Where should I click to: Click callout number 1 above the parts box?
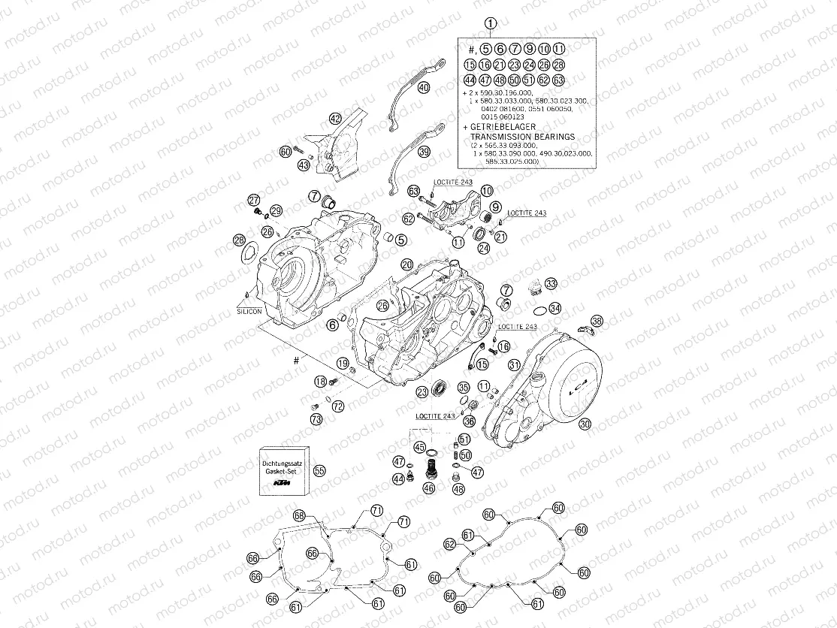[490, 24]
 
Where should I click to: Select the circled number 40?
[424, 88]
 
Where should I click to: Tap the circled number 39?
[424, 152]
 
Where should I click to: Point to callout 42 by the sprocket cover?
[335, 117]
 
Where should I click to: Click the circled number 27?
[254, 200]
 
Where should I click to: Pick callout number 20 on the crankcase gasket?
[406, 264]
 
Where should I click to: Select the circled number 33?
[551, 283]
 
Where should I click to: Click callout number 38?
[597, 321]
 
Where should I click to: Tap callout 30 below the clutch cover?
[586, 424]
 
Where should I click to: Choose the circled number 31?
[515, 365]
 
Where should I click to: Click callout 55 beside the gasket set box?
[319, 470]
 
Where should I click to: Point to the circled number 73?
[316, 418]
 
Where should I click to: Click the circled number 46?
[428, 488]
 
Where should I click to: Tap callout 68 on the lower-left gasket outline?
[299, 516]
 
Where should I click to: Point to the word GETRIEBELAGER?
[503, 128]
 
